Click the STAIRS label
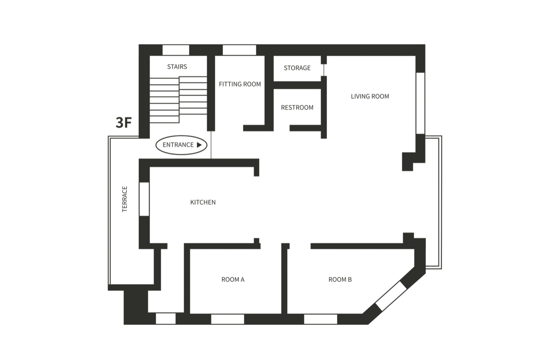177,67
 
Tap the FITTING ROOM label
240,84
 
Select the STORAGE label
297,68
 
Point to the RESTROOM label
297,108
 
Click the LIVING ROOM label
370,96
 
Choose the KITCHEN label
203,202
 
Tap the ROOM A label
233,279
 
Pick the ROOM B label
340,279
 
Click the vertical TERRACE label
124,199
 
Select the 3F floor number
124,122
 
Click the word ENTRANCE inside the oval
178,145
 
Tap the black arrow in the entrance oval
200,145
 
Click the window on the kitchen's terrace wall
144,199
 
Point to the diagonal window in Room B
391,296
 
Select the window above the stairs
176,50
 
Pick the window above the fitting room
239,50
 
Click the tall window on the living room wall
420,103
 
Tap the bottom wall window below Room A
228,319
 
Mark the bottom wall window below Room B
320,319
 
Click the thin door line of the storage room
324,70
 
